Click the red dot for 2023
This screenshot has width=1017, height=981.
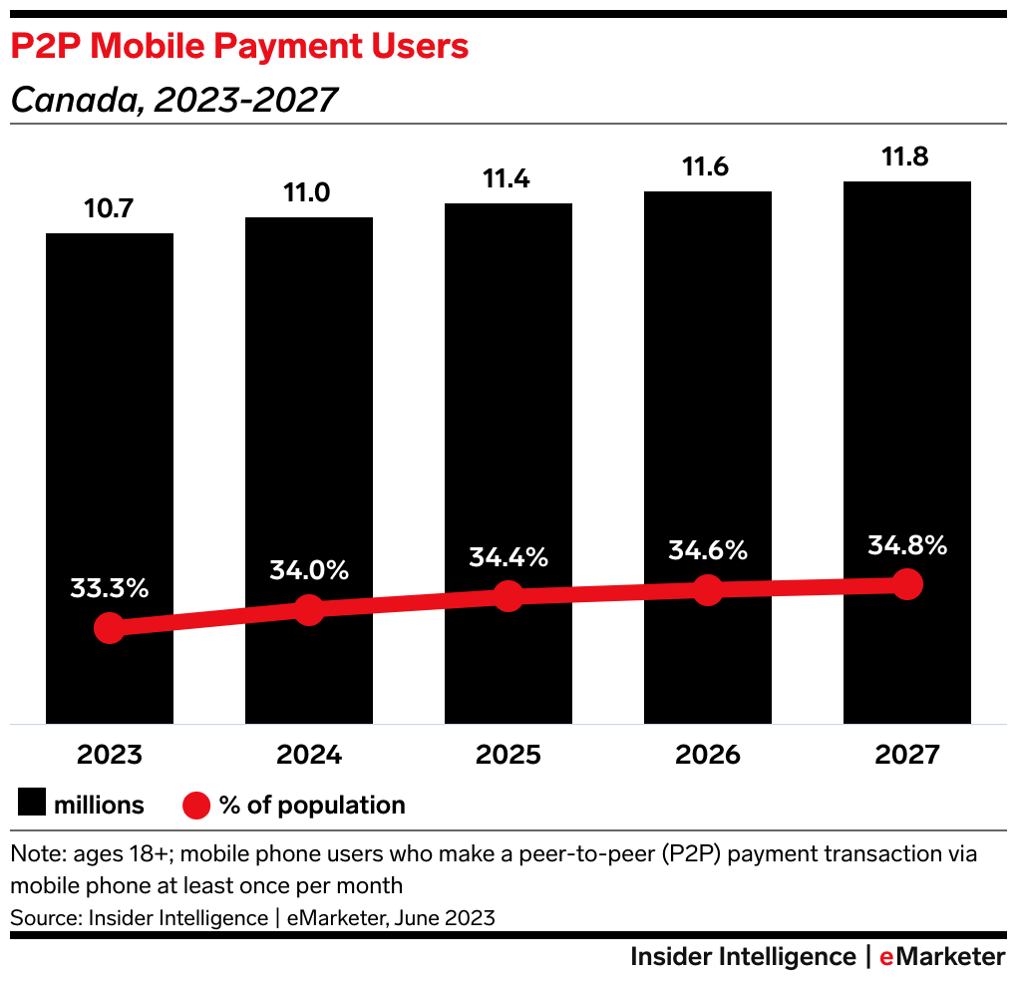110,628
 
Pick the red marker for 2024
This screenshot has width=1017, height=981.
309,610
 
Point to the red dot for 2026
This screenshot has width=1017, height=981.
708,589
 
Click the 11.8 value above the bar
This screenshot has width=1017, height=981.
907,160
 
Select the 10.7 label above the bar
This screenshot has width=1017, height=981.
110,210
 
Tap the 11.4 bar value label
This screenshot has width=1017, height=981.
508,180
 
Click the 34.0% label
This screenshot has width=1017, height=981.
309,571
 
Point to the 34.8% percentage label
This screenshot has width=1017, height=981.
907,546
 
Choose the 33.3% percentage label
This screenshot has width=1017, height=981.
110,588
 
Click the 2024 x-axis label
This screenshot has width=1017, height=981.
309,755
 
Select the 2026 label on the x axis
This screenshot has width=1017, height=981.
708,755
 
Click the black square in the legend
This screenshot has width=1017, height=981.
32,805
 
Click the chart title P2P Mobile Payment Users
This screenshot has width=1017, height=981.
239,47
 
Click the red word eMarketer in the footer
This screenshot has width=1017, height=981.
942,957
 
